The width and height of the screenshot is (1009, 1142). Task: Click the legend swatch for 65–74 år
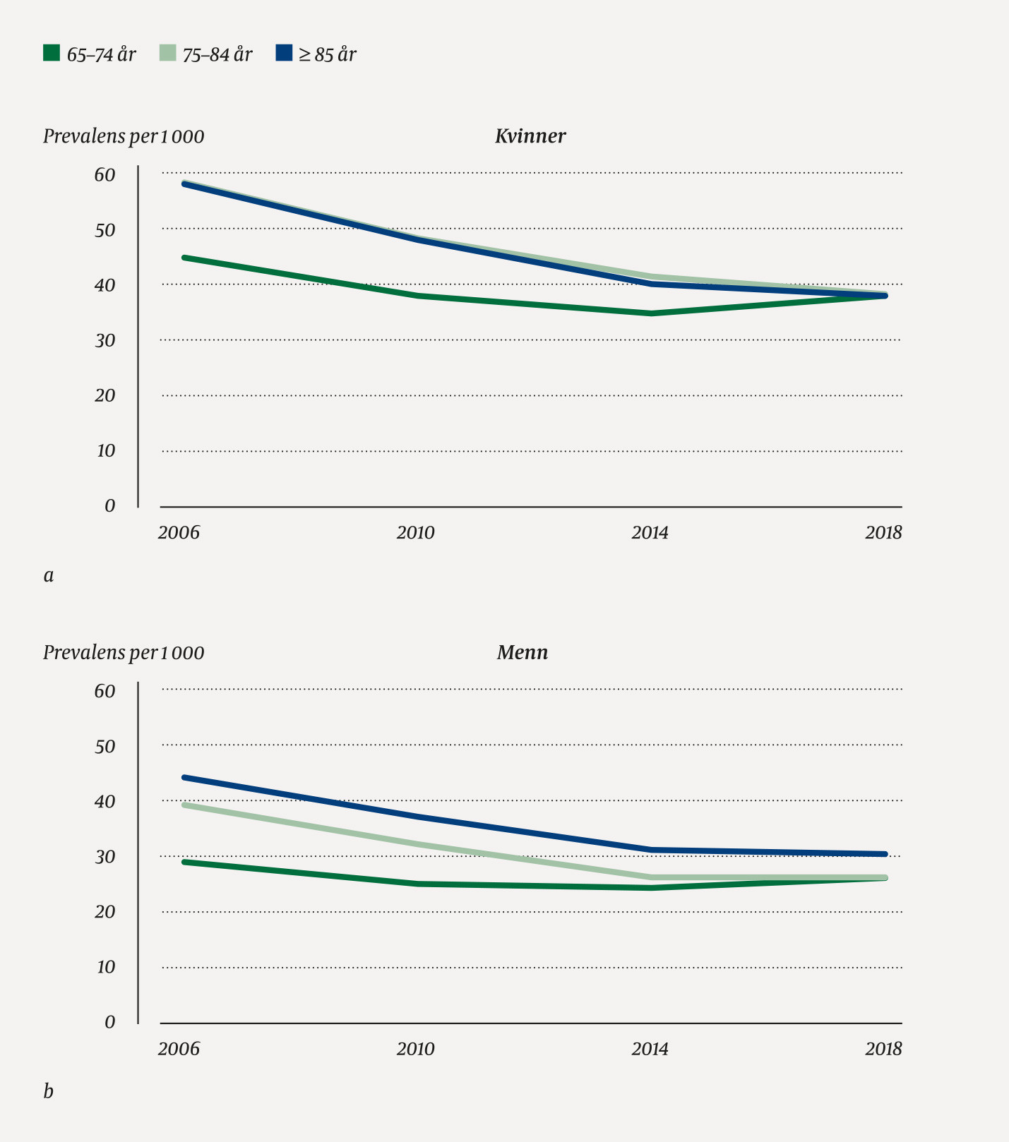tap(51, 53)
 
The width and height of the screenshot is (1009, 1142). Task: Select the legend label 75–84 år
tap(217, 54)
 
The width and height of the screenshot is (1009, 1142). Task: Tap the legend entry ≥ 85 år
tap(327, 54)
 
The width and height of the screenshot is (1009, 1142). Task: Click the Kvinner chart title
tap(530, 136)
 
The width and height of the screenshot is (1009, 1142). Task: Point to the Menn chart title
tap(523, 652)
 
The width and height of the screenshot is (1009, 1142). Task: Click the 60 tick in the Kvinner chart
tap(105, 175)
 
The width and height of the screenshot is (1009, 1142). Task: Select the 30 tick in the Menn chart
tap(105, 857)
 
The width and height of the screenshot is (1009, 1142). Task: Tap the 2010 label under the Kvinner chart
tap(415, 532)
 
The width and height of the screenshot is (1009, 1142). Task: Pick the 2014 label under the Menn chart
tap(650, 1049)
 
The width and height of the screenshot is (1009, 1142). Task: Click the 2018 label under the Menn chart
tap(883, 1049)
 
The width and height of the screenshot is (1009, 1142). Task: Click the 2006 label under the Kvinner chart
tap(179, 532)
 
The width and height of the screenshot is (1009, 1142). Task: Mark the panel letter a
tap(49, 575)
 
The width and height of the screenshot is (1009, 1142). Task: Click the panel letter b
tap(49, 1091)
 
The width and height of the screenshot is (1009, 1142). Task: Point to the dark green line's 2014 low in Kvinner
tap(650, 313)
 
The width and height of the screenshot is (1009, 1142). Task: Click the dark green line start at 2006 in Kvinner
tap(184, 258)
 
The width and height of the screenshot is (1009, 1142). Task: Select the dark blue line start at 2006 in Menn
tap(184, 777)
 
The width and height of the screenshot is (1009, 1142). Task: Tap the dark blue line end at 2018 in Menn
tap(885, 854)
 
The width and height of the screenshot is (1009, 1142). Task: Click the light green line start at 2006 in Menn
tap(184, 805)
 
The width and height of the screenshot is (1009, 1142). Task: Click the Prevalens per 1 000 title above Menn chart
tap(124, 652)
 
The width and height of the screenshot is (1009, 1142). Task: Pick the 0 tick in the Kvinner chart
tap(109, 506)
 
